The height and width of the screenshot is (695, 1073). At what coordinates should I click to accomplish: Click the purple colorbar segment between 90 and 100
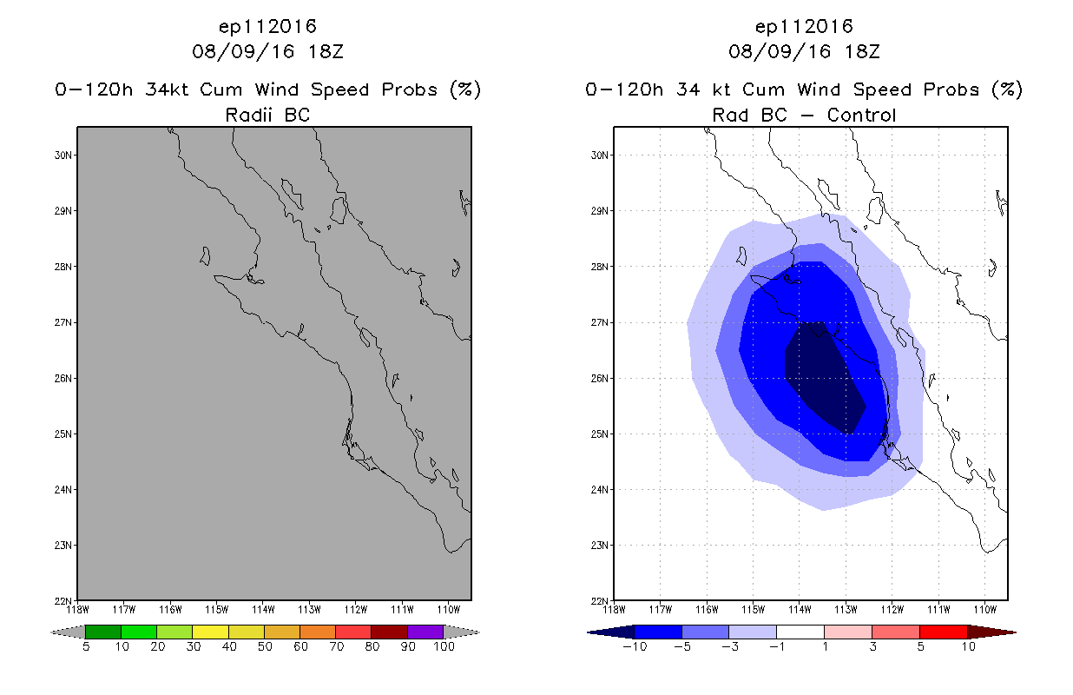(425, 632)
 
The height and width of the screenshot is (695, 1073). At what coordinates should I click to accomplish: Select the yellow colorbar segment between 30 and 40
(210, 632)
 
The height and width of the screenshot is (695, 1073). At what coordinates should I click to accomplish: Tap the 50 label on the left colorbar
(264, 646)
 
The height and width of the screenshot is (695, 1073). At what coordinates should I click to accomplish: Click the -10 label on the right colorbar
(635, 646)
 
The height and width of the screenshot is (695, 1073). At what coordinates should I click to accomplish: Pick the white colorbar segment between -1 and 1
(800, 632)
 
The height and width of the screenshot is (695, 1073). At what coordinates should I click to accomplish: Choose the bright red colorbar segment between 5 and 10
(942, 632)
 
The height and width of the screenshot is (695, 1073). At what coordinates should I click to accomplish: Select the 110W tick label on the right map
(984, 608)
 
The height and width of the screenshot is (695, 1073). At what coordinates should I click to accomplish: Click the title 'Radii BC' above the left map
(267, 114)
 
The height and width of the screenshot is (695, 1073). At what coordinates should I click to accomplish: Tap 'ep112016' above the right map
(804, 26)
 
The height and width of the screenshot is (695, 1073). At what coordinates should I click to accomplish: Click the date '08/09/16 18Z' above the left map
(267, 51)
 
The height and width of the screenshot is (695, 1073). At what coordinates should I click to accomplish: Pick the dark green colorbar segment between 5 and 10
(103, 632)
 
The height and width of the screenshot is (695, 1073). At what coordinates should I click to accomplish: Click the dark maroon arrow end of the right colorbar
(990, 632)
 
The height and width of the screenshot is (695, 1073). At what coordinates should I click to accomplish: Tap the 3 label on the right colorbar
(871, 646)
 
